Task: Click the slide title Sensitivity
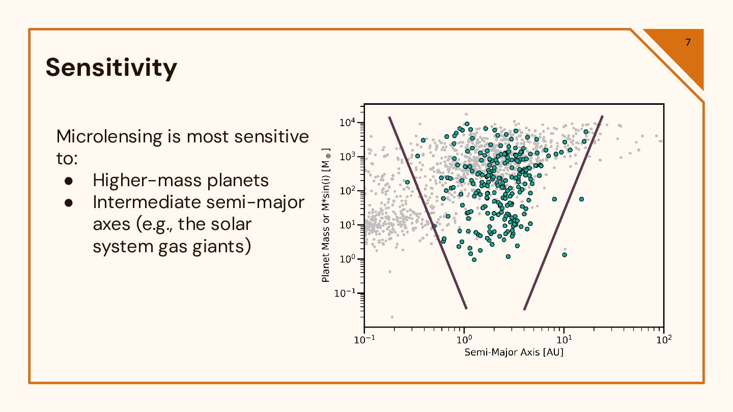[111, 68]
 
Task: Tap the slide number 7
[688, 42]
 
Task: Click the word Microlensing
[109, 136]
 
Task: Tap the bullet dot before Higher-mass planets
[70, 181]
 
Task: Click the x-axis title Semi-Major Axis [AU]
[514, 352]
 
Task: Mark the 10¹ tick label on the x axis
[563, 340]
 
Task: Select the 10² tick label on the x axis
[663, 340]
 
